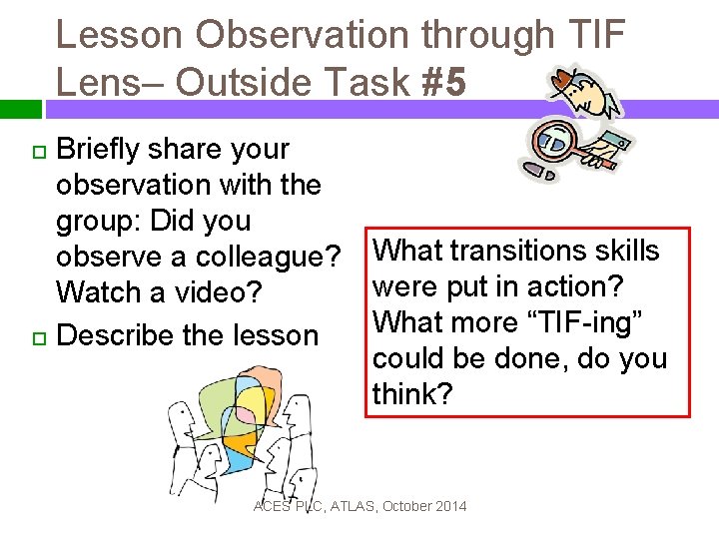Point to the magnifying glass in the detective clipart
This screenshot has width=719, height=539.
pos(550,140)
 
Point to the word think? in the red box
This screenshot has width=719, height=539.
pos(411,394)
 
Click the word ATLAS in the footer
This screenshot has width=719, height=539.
pos(345,506)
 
